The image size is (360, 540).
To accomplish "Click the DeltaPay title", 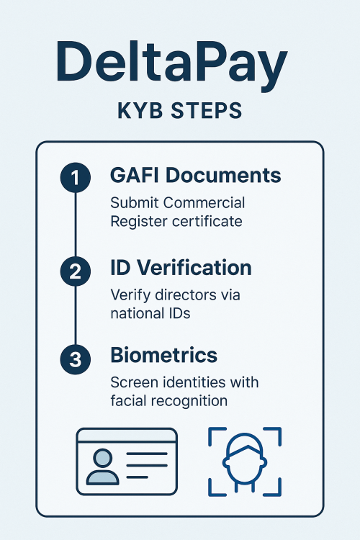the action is click(171, 65).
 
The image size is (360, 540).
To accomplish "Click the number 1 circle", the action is click(76, 178).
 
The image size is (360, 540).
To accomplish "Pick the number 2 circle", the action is click(76, 271).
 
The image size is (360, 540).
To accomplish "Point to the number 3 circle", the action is click(76, 359).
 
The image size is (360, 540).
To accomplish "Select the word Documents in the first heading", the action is click(223, 175).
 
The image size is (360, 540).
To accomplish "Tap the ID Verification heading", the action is click(181, 268).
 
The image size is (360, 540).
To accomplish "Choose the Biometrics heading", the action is click(163, 355).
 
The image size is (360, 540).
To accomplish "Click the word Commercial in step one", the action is click(204, 202).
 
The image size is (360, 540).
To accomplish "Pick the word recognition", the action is click(189, 401).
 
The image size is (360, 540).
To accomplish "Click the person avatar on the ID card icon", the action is click(102, 467).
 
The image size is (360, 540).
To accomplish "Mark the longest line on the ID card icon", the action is click(147, 454).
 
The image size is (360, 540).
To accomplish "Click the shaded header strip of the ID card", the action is click(127, 436).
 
